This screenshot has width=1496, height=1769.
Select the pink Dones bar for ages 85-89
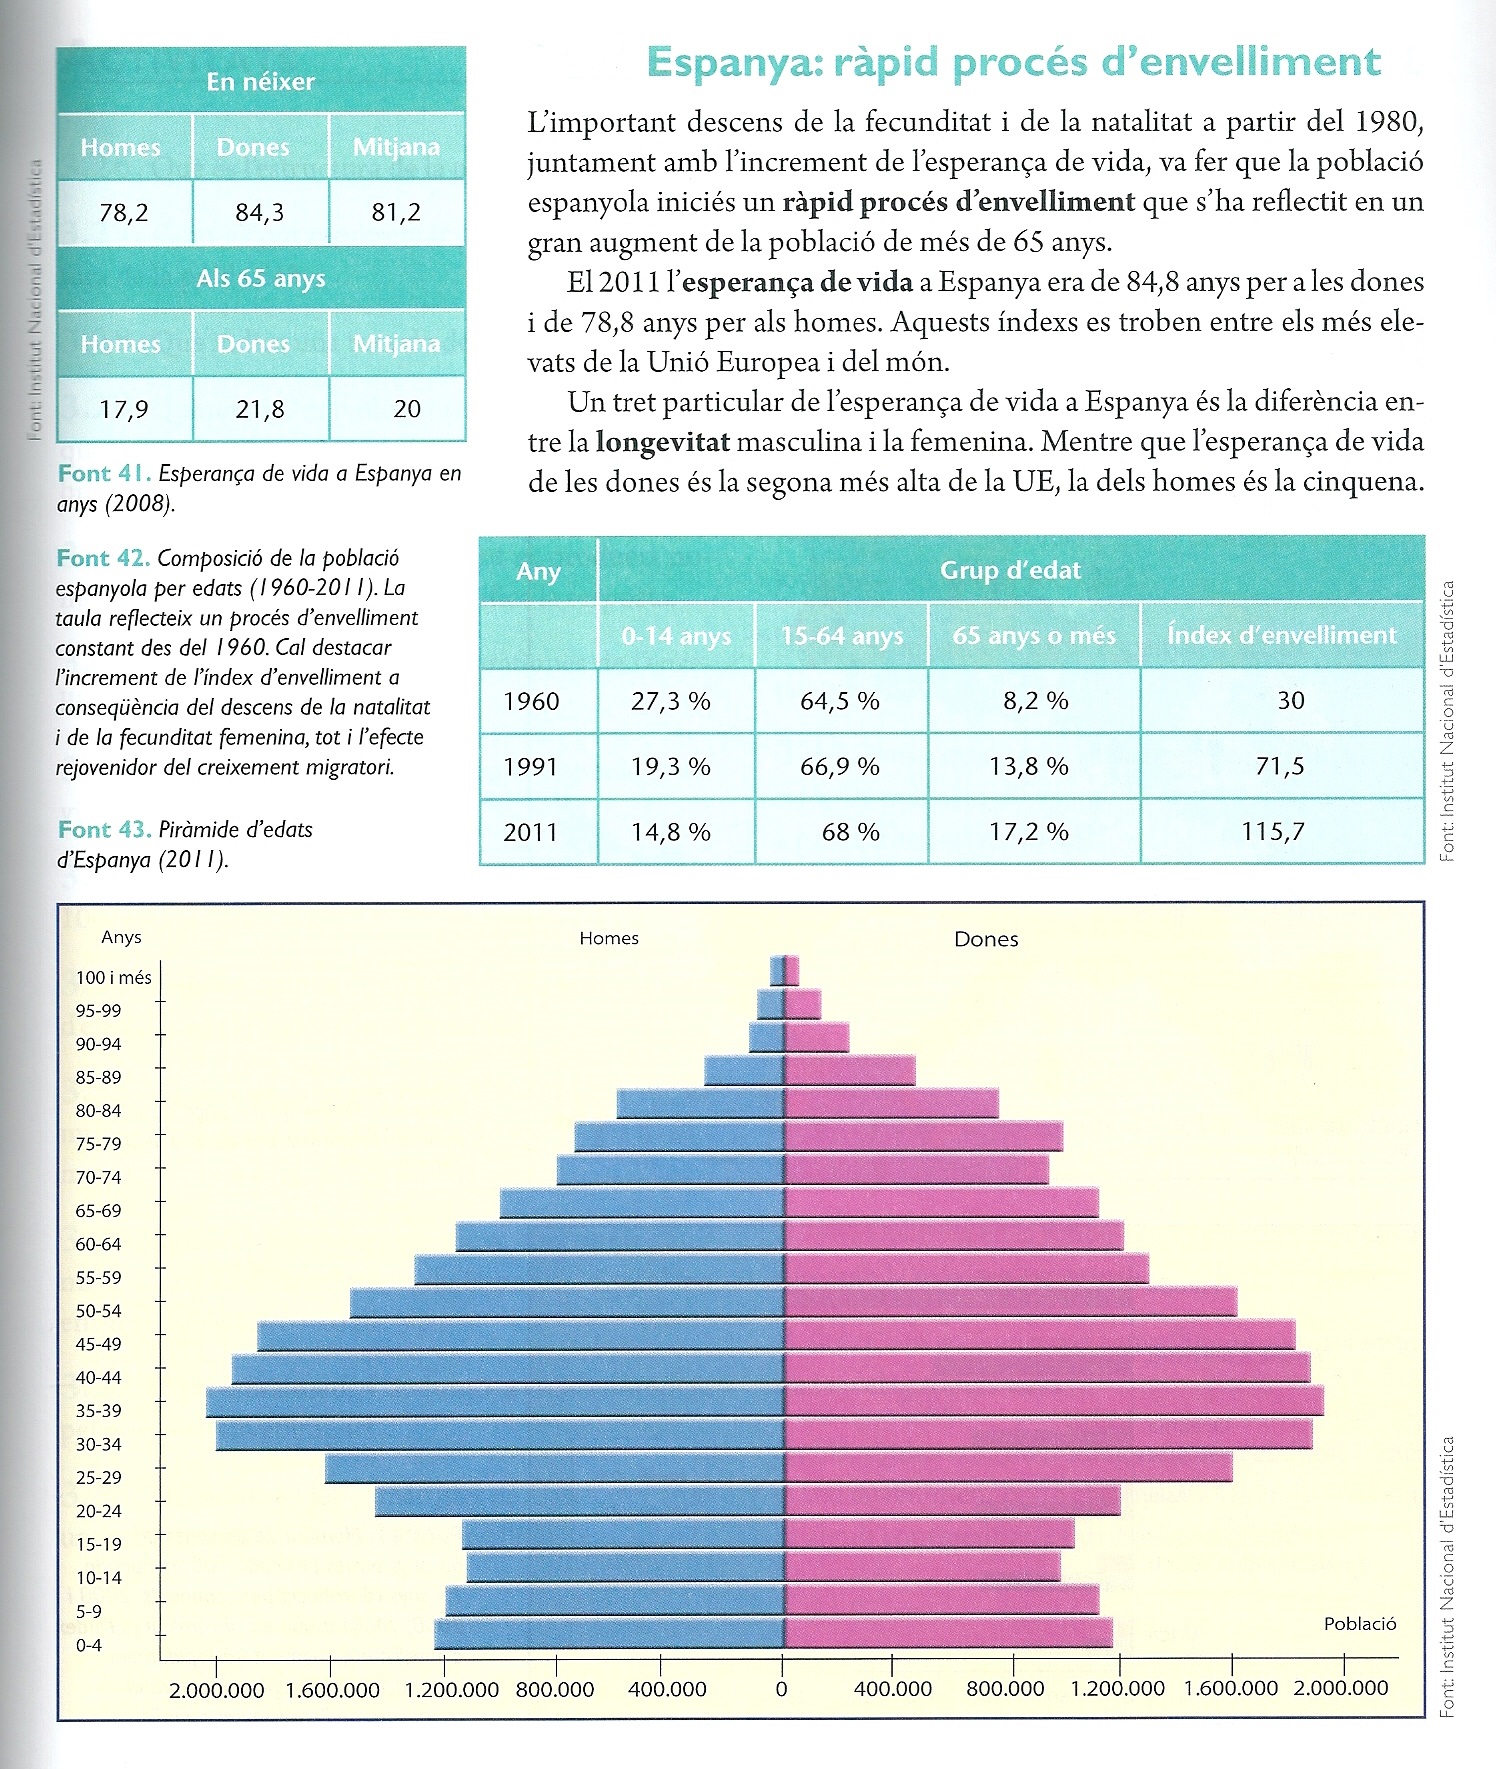click(x=849, y=1070)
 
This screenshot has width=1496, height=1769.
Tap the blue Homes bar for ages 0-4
click(x=609, y=1634)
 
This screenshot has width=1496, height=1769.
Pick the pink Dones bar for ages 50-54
click(x=1010, y=1302)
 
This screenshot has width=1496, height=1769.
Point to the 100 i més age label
click(x=113, y=977)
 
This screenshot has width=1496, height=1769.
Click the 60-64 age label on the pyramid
click(x=98, y=1244)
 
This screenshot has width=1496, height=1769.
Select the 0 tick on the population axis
click(x=781, y=1689)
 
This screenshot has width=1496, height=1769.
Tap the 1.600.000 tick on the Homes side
click(x=332, y=1689)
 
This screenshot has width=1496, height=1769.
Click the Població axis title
click(x=1359, y=1624)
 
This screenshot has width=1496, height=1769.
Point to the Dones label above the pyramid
click(x=986, y=939)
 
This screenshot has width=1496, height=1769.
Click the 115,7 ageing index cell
click(x=1273, y=831)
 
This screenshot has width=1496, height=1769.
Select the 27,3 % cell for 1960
click(x=670, y=701)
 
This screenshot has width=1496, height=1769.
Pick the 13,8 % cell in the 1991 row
click(x=1029, y=767)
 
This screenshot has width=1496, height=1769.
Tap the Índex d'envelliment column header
click(x=1281, y=635)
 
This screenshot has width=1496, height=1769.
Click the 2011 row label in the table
click(x=530, y=832)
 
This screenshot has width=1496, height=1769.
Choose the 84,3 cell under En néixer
click(x=260, y=212)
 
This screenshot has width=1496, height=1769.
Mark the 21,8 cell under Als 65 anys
click(x=260, y=409)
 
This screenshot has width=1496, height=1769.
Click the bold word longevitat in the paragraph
click(x=663, y=442)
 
